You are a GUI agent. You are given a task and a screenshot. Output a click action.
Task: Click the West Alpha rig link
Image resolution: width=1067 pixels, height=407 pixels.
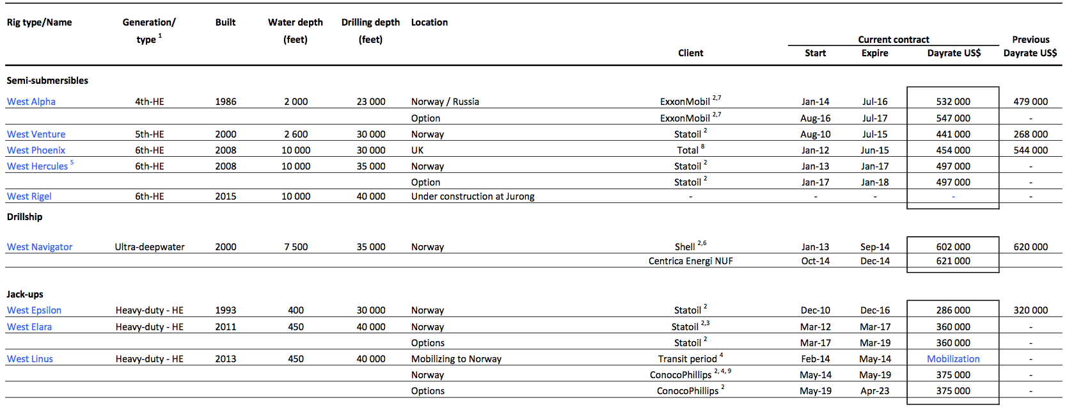tap(31, 102)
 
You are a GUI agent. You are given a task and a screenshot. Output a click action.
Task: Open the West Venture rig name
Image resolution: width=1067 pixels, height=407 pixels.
tap(36, 134)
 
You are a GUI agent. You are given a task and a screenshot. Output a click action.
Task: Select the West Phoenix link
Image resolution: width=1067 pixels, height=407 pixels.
tap(36, 150)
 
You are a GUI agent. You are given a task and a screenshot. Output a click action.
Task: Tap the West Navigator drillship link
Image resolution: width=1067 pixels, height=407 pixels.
tap(40, 247)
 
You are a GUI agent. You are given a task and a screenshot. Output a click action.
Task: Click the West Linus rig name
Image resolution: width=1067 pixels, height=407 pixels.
tap(30, 359)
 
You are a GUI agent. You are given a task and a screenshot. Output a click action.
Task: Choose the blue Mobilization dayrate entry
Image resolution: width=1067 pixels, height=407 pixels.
tap(953, 359)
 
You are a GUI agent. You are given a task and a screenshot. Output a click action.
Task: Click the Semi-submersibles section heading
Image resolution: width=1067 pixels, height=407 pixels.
tap(47, 81)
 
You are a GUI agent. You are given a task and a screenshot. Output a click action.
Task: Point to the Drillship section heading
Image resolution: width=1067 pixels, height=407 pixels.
tap(24, 217)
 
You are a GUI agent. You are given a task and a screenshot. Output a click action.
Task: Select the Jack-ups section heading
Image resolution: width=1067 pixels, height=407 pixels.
tap(25, 294)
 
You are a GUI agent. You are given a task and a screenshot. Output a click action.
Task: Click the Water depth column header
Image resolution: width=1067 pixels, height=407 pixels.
tap(296, 23)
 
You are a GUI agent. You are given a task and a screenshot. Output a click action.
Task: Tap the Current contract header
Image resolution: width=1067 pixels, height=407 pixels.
tap(893, 40)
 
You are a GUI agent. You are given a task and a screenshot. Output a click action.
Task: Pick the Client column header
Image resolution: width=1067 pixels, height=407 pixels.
tap(690, 53)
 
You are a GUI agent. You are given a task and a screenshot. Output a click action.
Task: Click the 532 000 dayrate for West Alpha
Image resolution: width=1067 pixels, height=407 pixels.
tap(953, 102)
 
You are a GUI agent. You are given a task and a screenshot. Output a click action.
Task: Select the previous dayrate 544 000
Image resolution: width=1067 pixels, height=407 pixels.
tap(1031, 150)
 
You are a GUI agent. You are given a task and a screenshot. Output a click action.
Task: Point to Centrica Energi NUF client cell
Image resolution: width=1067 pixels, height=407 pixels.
tap(690, 261)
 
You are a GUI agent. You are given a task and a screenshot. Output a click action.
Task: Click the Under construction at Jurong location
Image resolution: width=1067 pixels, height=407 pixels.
tap(473, 196)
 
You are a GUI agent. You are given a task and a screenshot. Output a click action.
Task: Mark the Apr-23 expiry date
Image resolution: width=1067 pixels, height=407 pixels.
tap(874, 391)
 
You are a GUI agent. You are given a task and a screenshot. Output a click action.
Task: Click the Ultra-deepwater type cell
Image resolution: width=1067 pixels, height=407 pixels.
tap(150, 247)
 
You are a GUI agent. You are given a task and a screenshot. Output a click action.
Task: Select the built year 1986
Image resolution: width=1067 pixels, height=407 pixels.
tap(225, 102)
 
